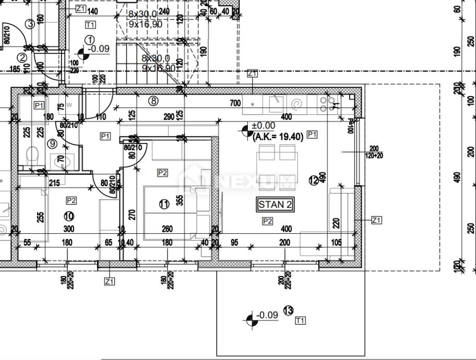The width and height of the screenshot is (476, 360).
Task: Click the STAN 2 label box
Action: [x=275, y=205]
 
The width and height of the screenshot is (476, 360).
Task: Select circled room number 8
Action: [x=153, y=101]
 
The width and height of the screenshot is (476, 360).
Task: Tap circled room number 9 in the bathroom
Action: [x=52, y=143]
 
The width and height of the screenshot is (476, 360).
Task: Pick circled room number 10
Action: [x=68, y=216]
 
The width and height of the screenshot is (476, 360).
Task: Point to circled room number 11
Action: [x=164, y=204]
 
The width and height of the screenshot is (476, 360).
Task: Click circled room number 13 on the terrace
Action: [x=288, y=311]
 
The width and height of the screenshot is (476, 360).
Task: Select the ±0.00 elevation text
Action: [x=263, y=126]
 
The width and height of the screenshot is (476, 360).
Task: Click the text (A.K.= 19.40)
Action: [x=278, y=137]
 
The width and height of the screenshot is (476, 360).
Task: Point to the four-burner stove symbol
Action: [x=327, y=103]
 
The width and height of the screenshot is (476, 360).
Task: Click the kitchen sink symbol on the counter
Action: [x=276, y=103]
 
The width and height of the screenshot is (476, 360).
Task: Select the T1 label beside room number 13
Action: [x=300, y=320]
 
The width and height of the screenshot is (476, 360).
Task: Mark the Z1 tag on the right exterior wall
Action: [x=376, y=220]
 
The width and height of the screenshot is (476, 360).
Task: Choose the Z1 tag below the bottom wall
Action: [x=109, y=281]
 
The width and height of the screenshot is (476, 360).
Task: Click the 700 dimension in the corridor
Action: [x=235, y=104]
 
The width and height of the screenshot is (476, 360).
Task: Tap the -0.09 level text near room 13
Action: [x=268, y=315]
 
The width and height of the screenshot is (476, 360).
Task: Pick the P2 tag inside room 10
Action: [x=72, y=200]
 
